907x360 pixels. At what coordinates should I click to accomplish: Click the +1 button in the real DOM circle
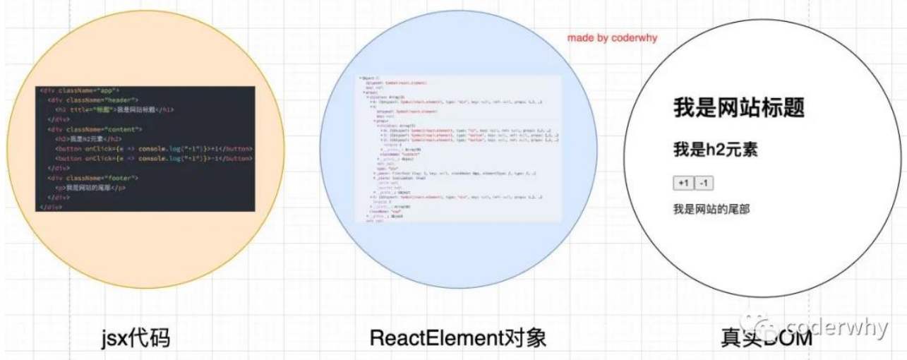[683, 184]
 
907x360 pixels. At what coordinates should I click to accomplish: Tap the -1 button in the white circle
[704, 184]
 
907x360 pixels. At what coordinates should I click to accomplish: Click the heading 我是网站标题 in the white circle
[739, 109]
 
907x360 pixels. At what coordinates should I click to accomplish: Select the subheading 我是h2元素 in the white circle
[716, 150]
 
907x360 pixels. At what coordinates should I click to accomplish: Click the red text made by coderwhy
[612, 37]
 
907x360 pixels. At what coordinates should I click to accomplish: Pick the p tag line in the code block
[91, 188]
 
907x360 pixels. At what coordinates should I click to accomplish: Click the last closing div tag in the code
[52, 208]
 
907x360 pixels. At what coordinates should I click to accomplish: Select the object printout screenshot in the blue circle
[459, 148]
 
